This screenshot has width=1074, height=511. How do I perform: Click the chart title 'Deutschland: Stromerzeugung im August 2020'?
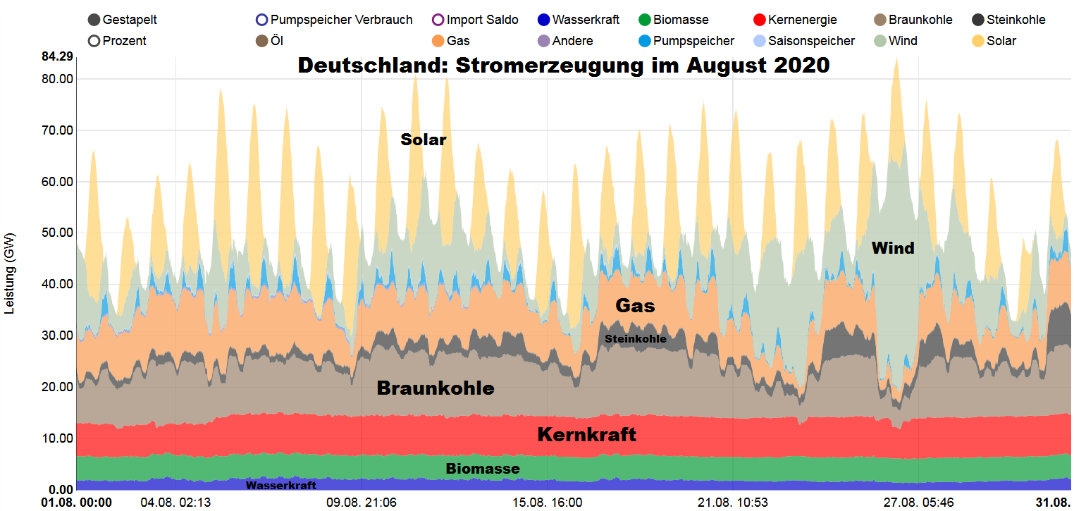pos(564,66)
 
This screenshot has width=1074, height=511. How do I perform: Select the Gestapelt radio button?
pos(94,20)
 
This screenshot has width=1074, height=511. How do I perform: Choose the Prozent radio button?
pos(94,41)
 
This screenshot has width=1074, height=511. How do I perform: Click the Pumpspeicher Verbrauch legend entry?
pos(262,20)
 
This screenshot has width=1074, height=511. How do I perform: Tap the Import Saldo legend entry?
pos(438,20)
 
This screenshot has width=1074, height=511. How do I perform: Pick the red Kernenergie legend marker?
pos(759,20)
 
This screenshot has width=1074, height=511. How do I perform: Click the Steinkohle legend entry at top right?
pos(1008,20)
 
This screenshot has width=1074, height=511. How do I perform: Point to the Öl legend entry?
pos(262,41)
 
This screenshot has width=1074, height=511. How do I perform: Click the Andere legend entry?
pos(564,41)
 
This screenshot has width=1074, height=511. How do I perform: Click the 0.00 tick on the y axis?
pos(61,490)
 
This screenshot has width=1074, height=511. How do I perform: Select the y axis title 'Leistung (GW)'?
pos(10,273)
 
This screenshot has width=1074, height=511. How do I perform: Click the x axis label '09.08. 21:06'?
pos(361,503)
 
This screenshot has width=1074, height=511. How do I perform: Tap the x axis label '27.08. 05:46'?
pos(919,503)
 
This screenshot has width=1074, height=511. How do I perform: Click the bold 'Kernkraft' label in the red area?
pos(586,435)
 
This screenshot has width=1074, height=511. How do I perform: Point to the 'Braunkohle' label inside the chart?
pos(436,388)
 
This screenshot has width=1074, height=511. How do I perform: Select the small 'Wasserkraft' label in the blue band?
pos(280,486)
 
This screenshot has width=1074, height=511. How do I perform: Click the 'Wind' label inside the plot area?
pos(893,248)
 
